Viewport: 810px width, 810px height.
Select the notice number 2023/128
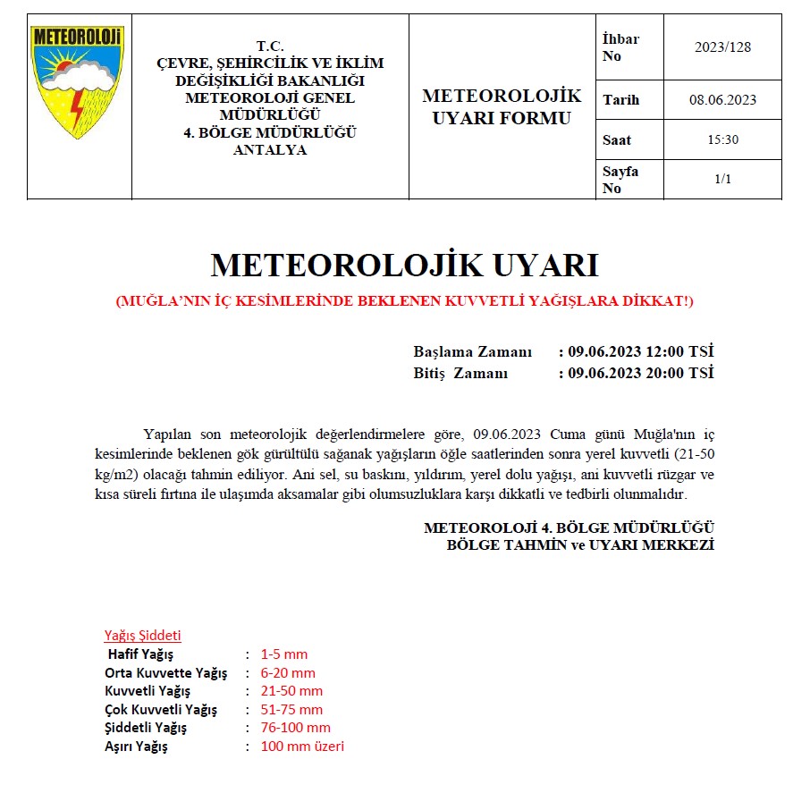pos(722,47)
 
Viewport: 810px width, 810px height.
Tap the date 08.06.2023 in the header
pos(722,100)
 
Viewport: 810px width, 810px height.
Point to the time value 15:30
pos(722,139)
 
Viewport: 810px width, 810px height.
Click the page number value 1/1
pos(722,179)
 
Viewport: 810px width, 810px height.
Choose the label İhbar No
pos(621,47)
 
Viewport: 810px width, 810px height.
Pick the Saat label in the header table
pos(617,139)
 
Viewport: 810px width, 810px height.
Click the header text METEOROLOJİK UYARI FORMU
pos(501,106)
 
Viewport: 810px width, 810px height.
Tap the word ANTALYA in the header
pos(269,150)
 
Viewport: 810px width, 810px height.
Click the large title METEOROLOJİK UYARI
pos(404,266)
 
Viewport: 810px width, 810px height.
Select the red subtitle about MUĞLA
pos(404,301)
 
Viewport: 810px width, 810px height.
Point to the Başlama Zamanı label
pos(472,351)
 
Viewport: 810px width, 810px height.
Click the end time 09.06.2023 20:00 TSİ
pos(640,373)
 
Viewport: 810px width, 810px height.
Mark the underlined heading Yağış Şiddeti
pos(143,636)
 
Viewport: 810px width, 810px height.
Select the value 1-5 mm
pos(284,654)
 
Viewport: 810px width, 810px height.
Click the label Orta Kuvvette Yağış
pos(165,673)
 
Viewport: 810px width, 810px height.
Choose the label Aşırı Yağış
pos(136,747)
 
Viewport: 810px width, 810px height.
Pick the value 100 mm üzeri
pos(302,747)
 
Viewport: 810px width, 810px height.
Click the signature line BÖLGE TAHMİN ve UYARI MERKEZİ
pos(580,544)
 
